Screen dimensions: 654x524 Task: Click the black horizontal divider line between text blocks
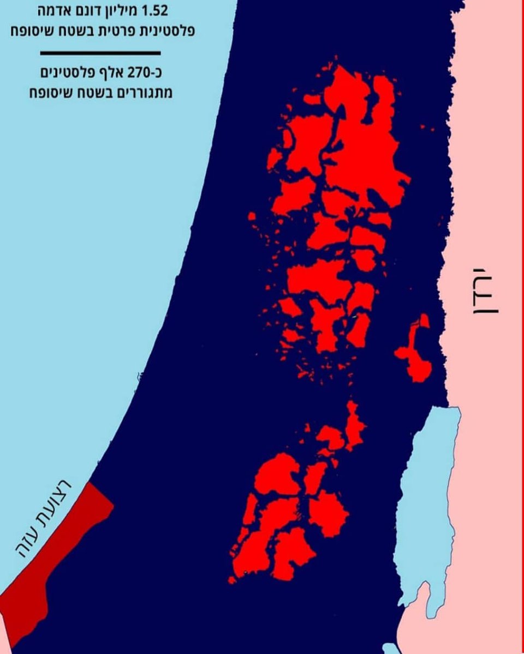point(100,53)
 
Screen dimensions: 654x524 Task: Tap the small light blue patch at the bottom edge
point(390,649)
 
